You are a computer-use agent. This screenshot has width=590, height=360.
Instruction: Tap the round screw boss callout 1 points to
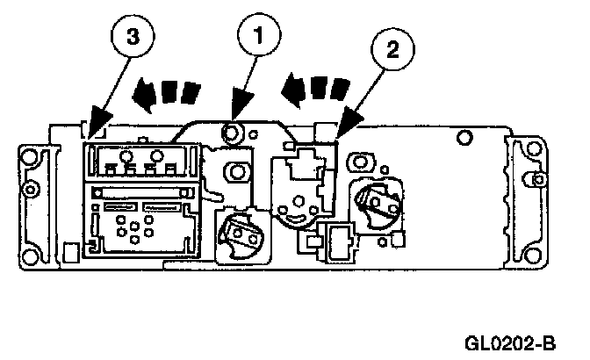(233, 133)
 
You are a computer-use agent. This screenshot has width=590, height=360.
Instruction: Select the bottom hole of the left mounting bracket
(32, 256)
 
